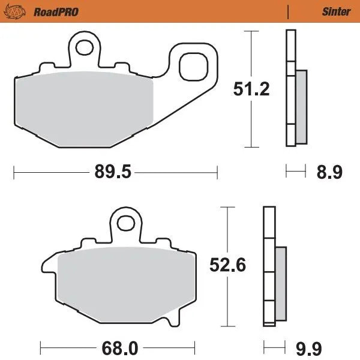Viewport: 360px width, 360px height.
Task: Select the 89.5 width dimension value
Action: [112, 173]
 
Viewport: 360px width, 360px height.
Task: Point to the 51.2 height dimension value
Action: [251, 89]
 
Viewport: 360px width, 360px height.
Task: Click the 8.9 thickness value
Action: [329, 173]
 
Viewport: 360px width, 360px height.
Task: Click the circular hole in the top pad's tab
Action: [85, 46]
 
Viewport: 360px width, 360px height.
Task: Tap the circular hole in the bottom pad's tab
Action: [126, 223]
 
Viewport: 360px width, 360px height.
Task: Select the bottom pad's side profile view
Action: [269, 264]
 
